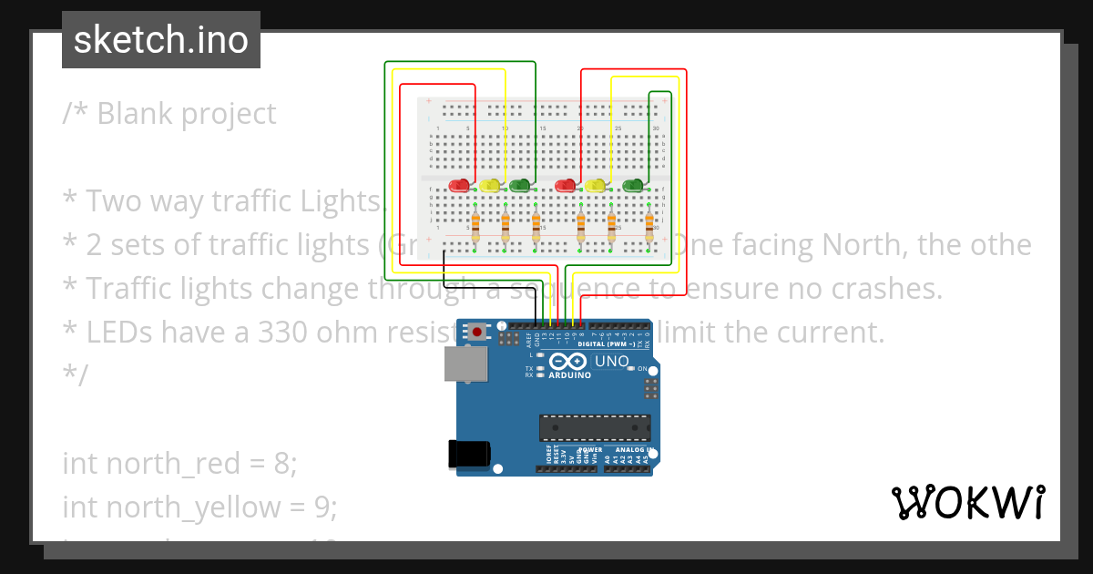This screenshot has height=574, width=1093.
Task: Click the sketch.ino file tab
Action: coord(161,40)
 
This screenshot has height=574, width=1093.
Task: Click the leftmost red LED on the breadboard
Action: coord(460,186)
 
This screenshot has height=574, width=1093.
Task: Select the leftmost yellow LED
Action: coord(490,186)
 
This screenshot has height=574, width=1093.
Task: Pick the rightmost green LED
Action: coord(633,186)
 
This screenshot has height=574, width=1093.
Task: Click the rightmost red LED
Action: coord(566,186)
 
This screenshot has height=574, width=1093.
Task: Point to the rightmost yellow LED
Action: coord(596,186)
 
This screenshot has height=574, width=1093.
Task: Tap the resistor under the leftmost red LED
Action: coord(475,224)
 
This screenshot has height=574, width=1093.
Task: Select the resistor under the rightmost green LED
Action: coord(649,224)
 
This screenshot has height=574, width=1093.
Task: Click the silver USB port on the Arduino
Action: coord(465,364)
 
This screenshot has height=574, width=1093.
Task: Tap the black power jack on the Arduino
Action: coord(470,454)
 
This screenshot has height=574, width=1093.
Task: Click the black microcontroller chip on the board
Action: coord(595,427)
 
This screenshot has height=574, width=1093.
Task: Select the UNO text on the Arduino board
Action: coord(612,362)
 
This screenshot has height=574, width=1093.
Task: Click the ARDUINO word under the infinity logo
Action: coord(569,374)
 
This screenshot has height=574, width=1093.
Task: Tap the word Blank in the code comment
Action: coord(135,114)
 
